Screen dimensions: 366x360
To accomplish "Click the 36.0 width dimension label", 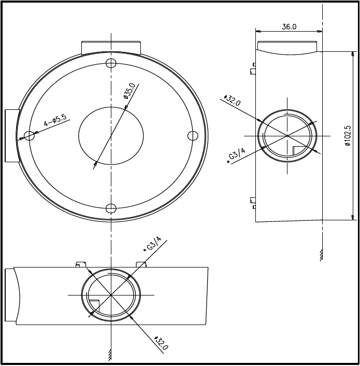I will [x=289, y=27].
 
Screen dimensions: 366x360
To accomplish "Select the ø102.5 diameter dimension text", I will [x=348, y=136].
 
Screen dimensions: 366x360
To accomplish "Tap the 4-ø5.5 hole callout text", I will [x=55, y=121].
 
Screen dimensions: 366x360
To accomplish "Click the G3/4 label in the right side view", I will [x=237, y=156].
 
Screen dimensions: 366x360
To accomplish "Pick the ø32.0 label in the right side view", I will [x=232, y=100].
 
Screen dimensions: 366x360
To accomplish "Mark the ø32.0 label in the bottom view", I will [x=161, y=343].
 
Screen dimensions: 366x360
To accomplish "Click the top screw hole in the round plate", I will [x=111, y=63].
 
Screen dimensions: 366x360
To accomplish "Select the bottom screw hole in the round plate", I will [x=111, y=208].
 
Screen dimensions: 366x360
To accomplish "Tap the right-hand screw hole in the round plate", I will [x=193, y=136].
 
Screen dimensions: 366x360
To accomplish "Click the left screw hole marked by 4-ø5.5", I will [x=29, y=136].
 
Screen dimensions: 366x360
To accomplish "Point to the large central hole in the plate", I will [x=111, y=136].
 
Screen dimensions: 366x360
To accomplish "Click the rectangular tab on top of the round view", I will [x=111, y=47].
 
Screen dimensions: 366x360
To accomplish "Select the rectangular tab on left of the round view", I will [x=11, y=136].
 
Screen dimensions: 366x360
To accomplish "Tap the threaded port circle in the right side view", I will [x=287, y=136].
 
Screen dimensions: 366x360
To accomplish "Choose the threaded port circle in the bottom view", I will [x=111, y=295].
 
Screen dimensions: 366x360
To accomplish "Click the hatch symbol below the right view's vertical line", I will [x=322, y=255].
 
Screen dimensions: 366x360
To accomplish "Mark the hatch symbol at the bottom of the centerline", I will [x=111, y=355].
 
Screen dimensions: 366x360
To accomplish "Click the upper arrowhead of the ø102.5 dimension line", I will [x=353, y=54].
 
